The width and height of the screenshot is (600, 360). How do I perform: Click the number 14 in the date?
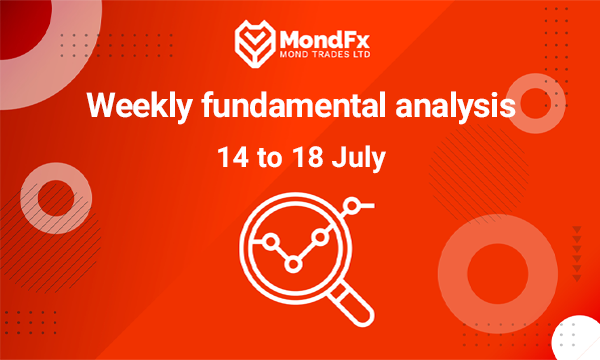(x=233, y=157)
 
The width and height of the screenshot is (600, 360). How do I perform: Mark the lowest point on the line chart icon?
(x=294, y=264)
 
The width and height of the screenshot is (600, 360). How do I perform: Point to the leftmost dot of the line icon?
(x=269, y=240)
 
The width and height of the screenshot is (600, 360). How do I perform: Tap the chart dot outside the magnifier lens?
(x=351, y=206)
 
